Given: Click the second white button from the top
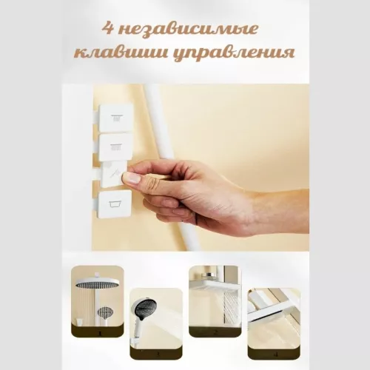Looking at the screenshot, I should click(115, 146).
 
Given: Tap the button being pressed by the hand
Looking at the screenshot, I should click(112, 176).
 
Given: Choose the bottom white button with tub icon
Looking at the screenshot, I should click(115, 203).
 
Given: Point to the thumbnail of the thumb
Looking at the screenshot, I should click(131, 178).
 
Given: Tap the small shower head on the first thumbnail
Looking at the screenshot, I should click(107, 312).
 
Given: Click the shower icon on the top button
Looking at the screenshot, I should click(115, 118).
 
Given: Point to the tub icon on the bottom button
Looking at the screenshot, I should click(115, 203).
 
